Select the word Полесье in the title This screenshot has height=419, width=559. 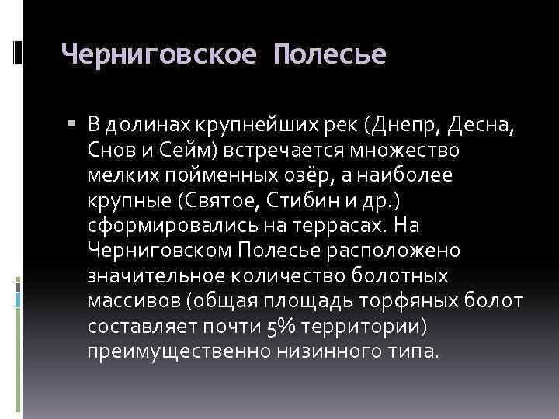[x=330, y=55]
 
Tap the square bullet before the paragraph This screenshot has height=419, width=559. [x=71, y=123]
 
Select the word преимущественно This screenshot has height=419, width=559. [x=178, y=351]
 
